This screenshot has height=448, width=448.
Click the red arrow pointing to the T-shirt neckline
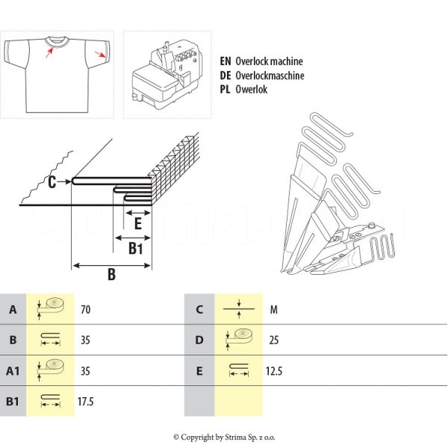50,51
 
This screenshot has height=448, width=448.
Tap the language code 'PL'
225,90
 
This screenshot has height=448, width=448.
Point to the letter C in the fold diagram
52,181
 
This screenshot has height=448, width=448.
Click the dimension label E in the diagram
137,222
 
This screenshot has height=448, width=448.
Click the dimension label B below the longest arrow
111,275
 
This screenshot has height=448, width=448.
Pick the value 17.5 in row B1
87,402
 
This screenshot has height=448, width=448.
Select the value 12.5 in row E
274,370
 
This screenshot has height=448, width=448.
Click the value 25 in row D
273,340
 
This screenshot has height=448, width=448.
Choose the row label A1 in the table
13,370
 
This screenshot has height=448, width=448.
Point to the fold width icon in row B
51,340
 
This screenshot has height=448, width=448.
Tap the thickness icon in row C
238,308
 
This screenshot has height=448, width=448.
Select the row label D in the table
199,340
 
